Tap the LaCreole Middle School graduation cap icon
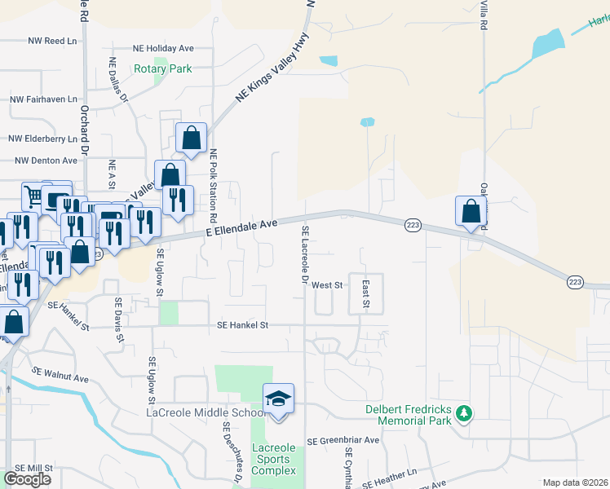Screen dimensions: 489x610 (278, 399)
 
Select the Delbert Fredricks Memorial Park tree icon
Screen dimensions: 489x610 (464, 414)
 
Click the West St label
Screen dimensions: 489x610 (327, 285)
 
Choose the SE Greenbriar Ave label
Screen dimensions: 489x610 (343, 440)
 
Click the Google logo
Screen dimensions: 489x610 (27, 478)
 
